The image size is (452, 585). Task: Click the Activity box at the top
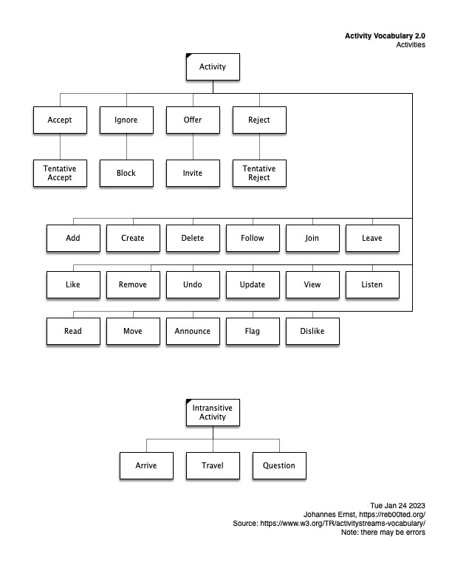[x=213, y=67]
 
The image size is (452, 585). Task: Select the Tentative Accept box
[x=60, y=174]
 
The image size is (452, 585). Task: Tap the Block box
[x=126, y=174]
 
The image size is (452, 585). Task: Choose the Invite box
[x=193, y=174]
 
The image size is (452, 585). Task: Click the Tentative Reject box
[x=259, y=174]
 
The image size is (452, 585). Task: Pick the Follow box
[x=253, y=239]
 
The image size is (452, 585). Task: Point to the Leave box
[x=372, y=239]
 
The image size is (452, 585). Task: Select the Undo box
[x=193, y=284]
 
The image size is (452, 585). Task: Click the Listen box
[x=372, y=284]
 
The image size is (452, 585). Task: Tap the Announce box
[x=193, y=332]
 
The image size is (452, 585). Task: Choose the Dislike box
[x=312, y=332]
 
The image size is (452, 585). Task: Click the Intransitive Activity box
[x=213, y=413]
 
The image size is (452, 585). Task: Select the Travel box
[x=213, y=466]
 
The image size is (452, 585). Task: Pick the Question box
[x=279, y=466]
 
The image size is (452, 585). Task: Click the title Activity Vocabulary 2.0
[x=385, y=35]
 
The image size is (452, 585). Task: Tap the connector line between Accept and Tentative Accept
[x=60, y=147]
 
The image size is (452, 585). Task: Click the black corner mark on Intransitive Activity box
[x=189, y=402]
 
